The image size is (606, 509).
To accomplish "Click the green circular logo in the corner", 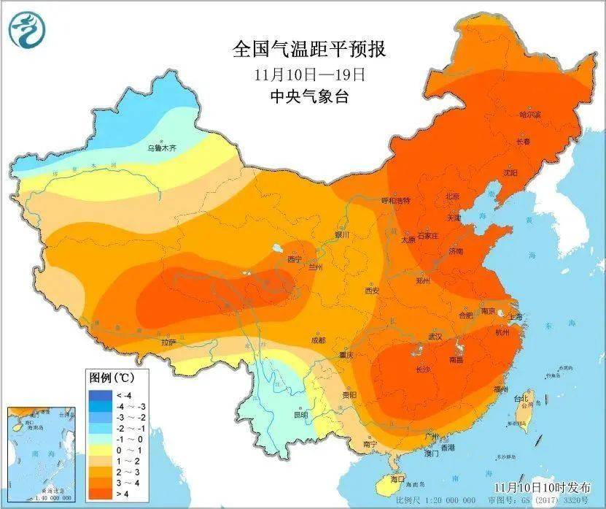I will tap(27, 28).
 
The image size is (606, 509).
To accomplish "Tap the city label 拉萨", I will tap(169, 342).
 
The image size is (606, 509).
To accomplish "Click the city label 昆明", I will tap(300, 414).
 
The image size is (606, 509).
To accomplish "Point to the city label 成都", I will tap(318, 340).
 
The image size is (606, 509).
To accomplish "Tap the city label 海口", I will tap(397, 480).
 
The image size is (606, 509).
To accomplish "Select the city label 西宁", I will tap(295, 259).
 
